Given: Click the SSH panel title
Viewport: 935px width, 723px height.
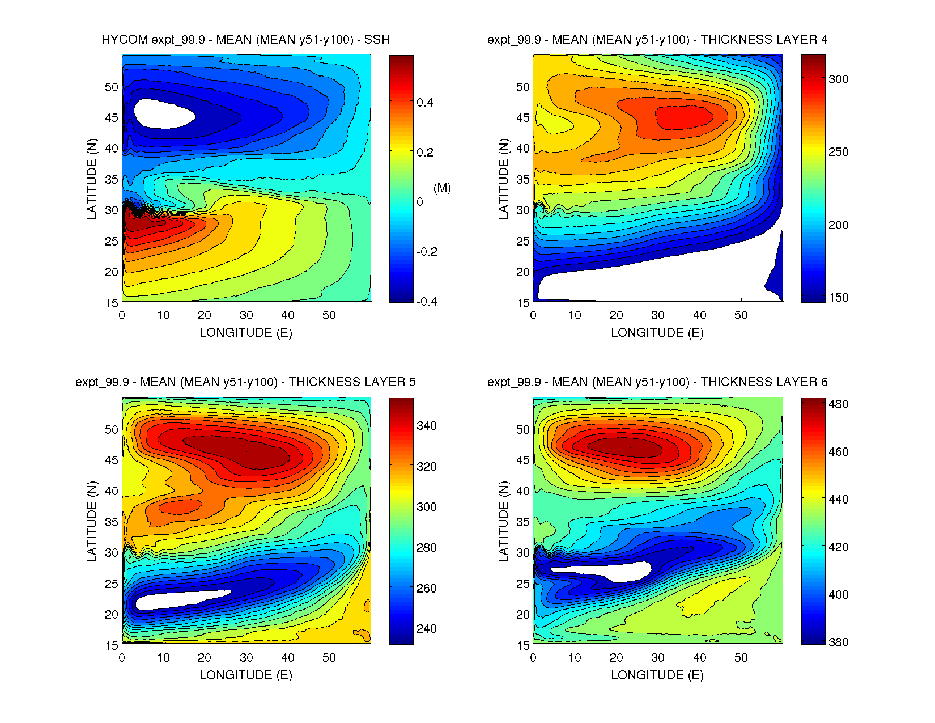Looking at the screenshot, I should click(245, 40).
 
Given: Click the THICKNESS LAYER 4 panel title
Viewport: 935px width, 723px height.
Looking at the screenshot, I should click(657, 40).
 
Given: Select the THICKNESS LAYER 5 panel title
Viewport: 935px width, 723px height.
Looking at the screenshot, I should click(245, 382).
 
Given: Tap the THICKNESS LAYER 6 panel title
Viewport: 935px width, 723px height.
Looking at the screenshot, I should click(657, 382).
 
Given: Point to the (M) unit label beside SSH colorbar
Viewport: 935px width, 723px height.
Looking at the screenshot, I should click(442, 188).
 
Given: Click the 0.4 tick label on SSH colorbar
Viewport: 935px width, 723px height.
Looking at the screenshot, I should click(424, 103).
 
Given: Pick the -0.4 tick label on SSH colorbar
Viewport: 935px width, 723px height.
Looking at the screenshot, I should click(427, 302).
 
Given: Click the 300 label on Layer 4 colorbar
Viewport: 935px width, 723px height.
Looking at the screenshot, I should click(838, 79).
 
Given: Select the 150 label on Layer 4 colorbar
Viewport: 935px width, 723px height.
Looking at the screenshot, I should click(838, 298).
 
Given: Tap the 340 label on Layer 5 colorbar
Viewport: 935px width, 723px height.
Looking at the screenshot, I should click(427, 426).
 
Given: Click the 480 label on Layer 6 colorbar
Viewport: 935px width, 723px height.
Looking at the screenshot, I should click(838, 404).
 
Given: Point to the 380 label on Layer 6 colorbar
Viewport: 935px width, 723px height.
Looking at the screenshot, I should click(838, 642).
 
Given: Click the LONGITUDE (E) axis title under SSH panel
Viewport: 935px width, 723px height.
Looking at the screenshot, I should click(246, 333).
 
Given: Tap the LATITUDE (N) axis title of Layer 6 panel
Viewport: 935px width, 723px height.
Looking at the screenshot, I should click(503, 521).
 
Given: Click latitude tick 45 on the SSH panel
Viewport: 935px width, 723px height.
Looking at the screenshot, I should click(111, 118).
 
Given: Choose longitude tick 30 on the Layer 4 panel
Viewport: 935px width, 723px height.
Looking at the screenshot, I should click(657, 315).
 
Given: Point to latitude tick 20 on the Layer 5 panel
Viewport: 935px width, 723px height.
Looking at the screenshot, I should click(111, 615).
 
